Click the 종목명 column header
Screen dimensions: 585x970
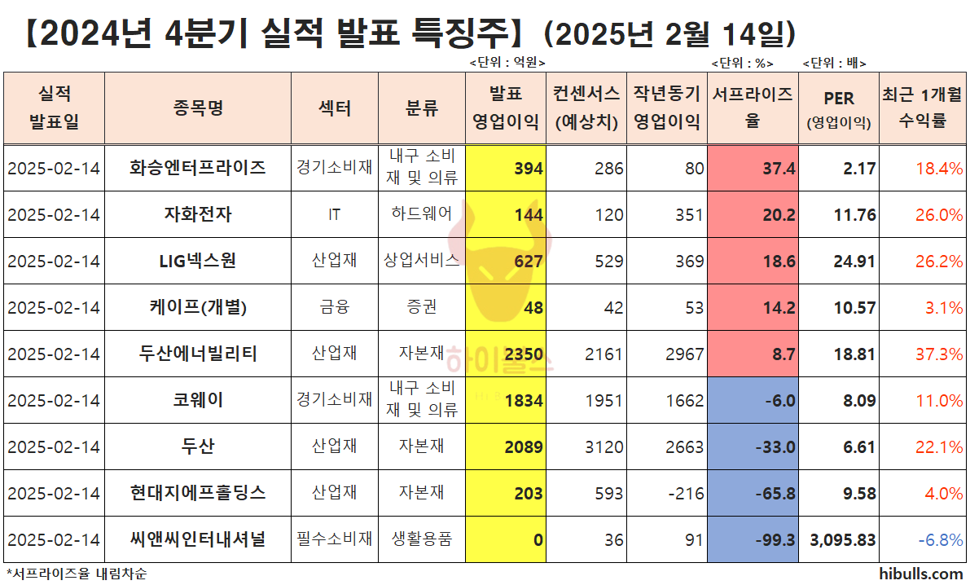pos(198,108)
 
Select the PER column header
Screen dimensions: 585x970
pos(838,108)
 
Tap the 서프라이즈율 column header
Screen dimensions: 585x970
pos(753,108)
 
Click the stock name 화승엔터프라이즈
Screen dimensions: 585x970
pos(198,168)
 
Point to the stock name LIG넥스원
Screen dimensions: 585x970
pos(198,261)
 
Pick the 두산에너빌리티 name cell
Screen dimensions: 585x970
pos(198,354)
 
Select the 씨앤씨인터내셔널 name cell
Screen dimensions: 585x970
pos(198,539)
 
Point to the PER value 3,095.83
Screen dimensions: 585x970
pos(838,540)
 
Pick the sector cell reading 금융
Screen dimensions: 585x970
pos(335,307)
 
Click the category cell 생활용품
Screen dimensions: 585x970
pos(421,539)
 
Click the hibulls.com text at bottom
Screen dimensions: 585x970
pos(921,574)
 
